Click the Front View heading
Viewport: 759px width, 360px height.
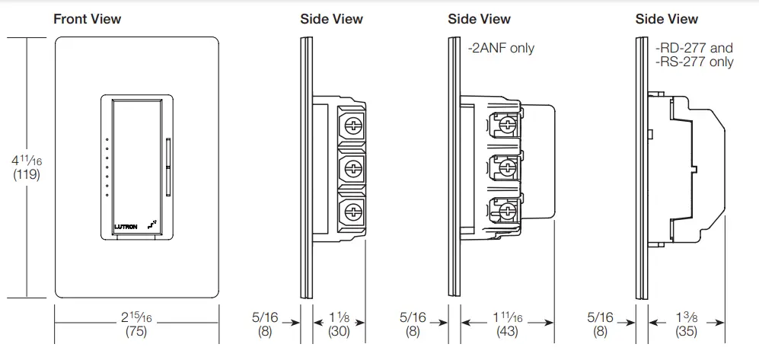tap(87, 19)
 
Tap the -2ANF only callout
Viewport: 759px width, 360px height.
tap(501, 48)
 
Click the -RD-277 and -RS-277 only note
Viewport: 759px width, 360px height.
tap(694, 55)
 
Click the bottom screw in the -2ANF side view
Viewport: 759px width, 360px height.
tap(505, 205)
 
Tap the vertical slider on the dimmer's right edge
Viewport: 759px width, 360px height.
tap(167, 165)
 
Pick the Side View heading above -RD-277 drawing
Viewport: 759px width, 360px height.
tap(667, 19)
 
